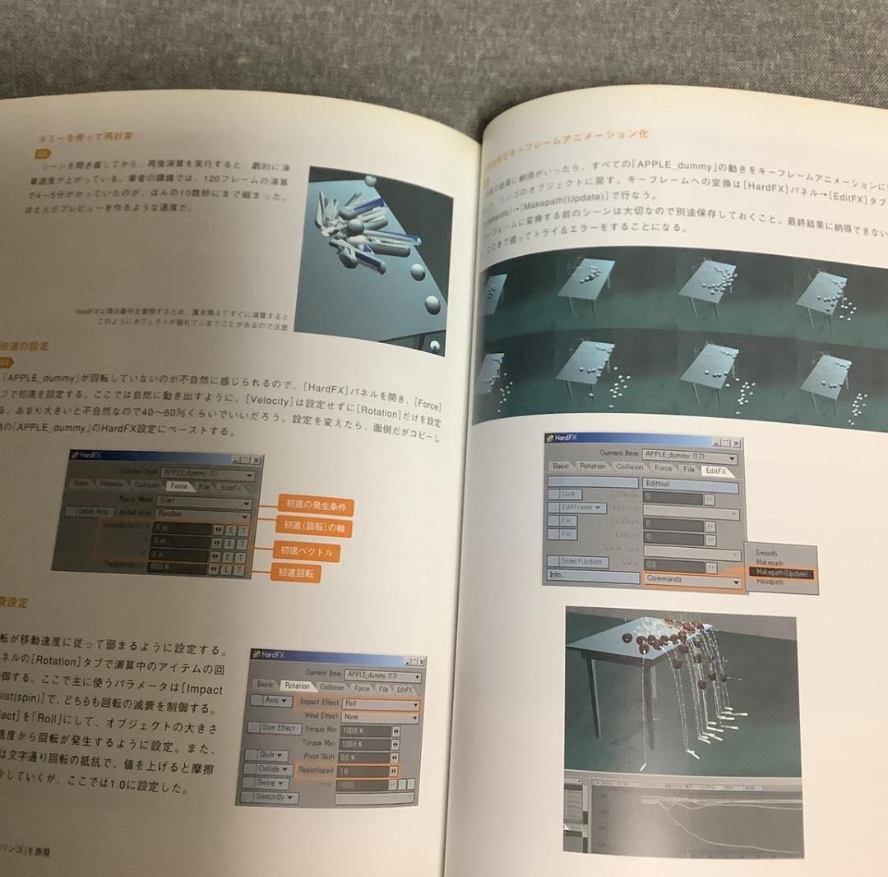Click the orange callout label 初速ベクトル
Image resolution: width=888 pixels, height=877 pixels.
(x=306, y=551)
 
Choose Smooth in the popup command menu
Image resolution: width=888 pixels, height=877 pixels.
(x=765, y=554)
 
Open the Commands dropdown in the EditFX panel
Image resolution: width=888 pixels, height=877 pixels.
(x=691, y=580)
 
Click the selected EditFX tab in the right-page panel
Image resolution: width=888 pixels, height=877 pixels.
(x=715, y=471)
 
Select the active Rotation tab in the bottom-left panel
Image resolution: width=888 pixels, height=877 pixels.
(x=297, y=685)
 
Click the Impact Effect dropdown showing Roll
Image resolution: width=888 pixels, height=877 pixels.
(x=379, y=703)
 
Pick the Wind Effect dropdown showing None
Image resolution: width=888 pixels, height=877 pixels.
(x=379, y=717)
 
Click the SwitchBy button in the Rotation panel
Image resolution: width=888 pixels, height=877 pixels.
(x=270, y=797)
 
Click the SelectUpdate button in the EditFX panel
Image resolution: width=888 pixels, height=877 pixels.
(x=583, y=562)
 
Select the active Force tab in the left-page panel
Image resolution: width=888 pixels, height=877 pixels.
(x=178, y=486)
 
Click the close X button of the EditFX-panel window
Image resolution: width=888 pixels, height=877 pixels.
(x=736, y=443)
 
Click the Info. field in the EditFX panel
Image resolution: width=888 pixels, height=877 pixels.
(x=591, y=575)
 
